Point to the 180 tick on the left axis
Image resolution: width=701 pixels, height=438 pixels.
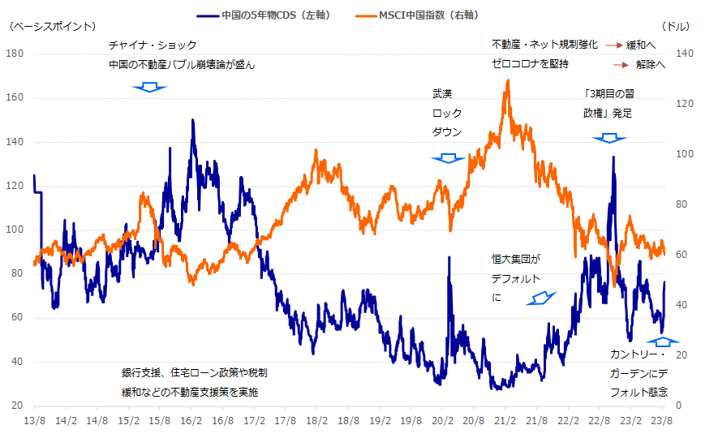pyautogui.click(x=15, y=54)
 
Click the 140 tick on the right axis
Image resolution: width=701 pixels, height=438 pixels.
pyautogui.click(x=683, y=54)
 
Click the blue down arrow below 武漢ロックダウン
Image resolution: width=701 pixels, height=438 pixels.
pyautogui.click(x=447, y=158)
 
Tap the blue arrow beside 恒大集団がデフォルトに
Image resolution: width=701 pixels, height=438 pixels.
pyautogui.click(x=537, y=298)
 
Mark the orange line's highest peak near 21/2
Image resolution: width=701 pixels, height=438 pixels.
pyautogui.click(x=508, y=80)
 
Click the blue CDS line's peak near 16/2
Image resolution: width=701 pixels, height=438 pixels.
pyautogui.click(x=192, y=120)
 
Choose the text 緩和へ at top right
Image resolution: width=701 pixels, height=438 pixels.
pyautogui.click(x=641, y=45)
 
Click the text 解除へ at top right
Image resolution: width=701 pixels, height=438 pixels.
pyautogui.click(x=651, y=64)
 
